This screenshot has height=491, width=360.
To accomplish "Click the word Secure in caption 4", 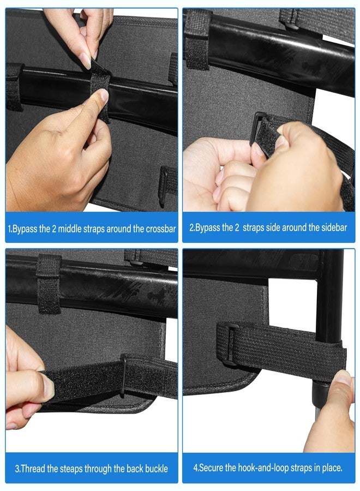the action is click(x=211, y=468).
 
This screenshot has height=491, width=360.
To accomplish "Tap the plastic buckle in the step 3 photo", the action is click(x=123, y=375).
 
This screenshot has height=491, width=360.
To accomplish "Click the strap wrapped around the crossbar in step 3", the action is click(x=49, y=284).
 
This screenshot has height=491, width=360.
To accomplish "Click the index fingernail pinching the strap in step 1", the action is click(x=86, y=61).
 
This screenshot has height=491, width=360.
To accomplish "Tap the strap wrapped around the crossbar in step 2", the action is click(x=196, y=40).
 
